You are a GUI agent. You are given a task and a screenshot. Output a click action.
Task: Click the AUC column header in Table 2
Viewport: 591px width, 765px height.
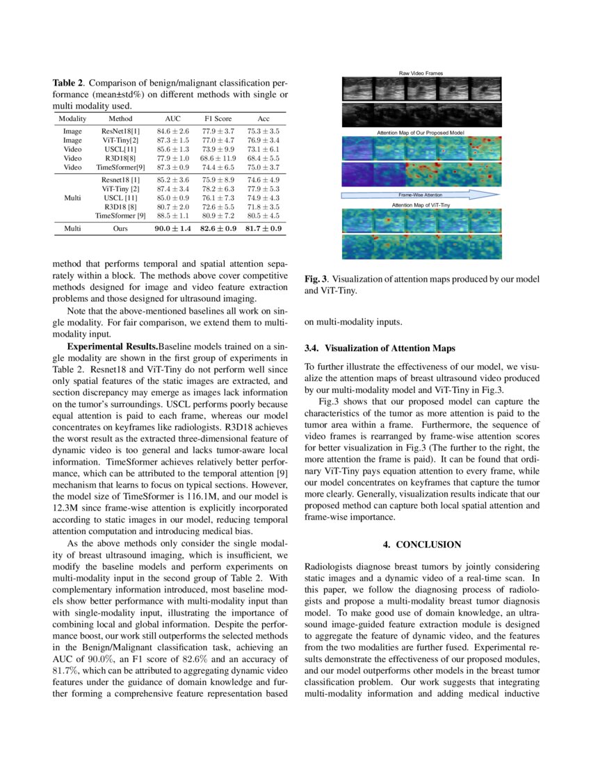click(x=172, y=119)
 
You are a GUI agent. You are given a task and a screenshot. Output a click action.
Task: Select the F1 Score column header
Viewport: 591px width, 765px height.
click(x=218, y=119)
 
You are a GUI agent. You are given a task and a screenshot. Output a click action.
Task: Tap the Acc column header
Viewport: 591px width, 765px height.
click(x=264, y=119)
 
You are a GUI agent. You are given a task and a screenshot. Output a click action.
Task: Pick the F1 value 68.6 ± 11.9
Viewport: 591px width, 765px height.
click(x=218, y=158)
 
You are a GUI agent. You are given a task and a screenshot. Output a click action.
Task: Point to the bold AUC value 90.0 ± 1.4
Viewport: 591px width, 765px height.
click(x=172, y=228)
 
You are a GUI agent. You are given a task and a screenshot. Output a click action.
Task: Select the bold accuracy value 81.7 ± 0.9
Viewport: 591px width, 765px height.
click(x=264, y=228)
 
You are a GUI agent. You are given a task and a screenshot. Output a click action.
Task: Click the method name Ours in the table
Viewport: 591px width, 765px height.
click(x=120, y=228)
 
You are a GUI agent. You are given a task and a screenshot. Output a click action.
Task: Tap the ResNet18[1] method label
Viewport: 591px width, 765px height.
click(x=120, y=131)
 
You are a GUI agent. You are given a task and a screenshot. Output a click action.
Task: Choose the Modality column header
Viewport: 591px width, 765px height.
click(x=72, y=119)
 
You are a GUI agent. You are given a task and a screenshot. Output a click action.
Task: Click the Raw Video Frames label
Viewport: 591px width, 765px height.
click(x=420, y=73)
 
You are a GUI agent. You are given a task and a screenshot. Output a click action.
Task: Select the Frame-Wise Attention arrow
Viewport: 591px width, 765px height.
click(x=420, y=195)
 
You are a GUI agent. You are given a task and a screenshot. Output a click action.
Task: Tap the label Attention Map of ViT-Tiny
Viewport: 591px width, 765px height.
click(x=420, y=206)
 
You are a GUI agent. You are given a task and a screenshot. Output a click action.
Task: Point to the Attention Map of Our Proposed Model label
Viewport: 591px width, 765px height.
click(x=420, y=131)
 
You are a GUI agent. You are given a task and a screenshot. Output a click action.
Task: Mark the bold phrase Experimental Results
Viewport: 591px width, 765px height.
click(x=112, y=346)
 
